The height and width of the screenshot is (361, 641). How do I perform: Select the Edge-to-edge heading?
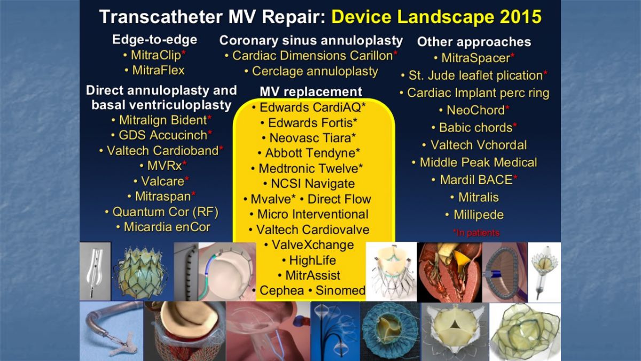click(x=154, y=40)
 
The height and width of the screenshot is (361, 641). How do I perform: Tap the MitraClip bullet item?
click(x=156, y=55)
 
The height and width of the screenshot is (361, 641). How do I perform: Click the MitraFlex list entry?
click(x=158, y=70)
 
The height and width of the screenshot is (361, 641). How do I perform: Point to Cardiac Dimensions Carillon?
click(x=312, y=56)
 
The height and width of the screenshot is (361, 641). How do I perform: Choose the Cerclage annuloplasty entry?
click(x=315, y=71)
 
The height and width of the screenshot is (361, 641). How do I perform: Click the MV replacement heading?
click(x=311, y=91)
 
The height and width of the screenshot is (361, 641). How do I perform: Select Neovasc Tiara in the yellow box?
click(x=310, y=138)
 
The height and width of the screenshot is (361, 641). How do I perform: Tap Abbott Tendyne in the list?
click(x=310, y=153)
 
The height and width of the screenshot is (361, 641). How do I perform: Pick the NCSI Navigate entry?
click(x=313, y=183)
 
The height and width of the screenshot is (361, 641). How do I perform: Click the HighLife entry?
click(x=312, y=260)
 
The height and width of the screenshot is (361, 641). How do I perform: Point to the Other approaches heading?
click(x=474, y=42)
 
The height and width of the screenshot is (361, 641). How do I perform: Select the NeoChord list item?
click(x=475, y=110)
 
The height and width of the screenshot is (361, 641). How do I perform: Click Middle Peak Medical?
click(x=479, y=163)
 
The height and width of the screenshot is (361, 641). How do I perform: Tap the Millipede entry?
click(x=479, y=215)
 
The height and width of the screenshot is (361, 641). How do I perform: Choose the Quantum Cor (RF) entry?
click(x=166, y=212)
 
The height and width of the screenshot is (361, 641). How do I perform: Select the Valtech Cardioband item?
click(x=162, y=151)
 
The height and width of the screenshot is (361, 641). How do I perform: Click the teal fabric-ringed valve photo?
click(x=390, y=331)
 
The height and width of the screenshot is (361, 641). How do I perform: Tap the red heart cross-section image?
click(x=449, y=272)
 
